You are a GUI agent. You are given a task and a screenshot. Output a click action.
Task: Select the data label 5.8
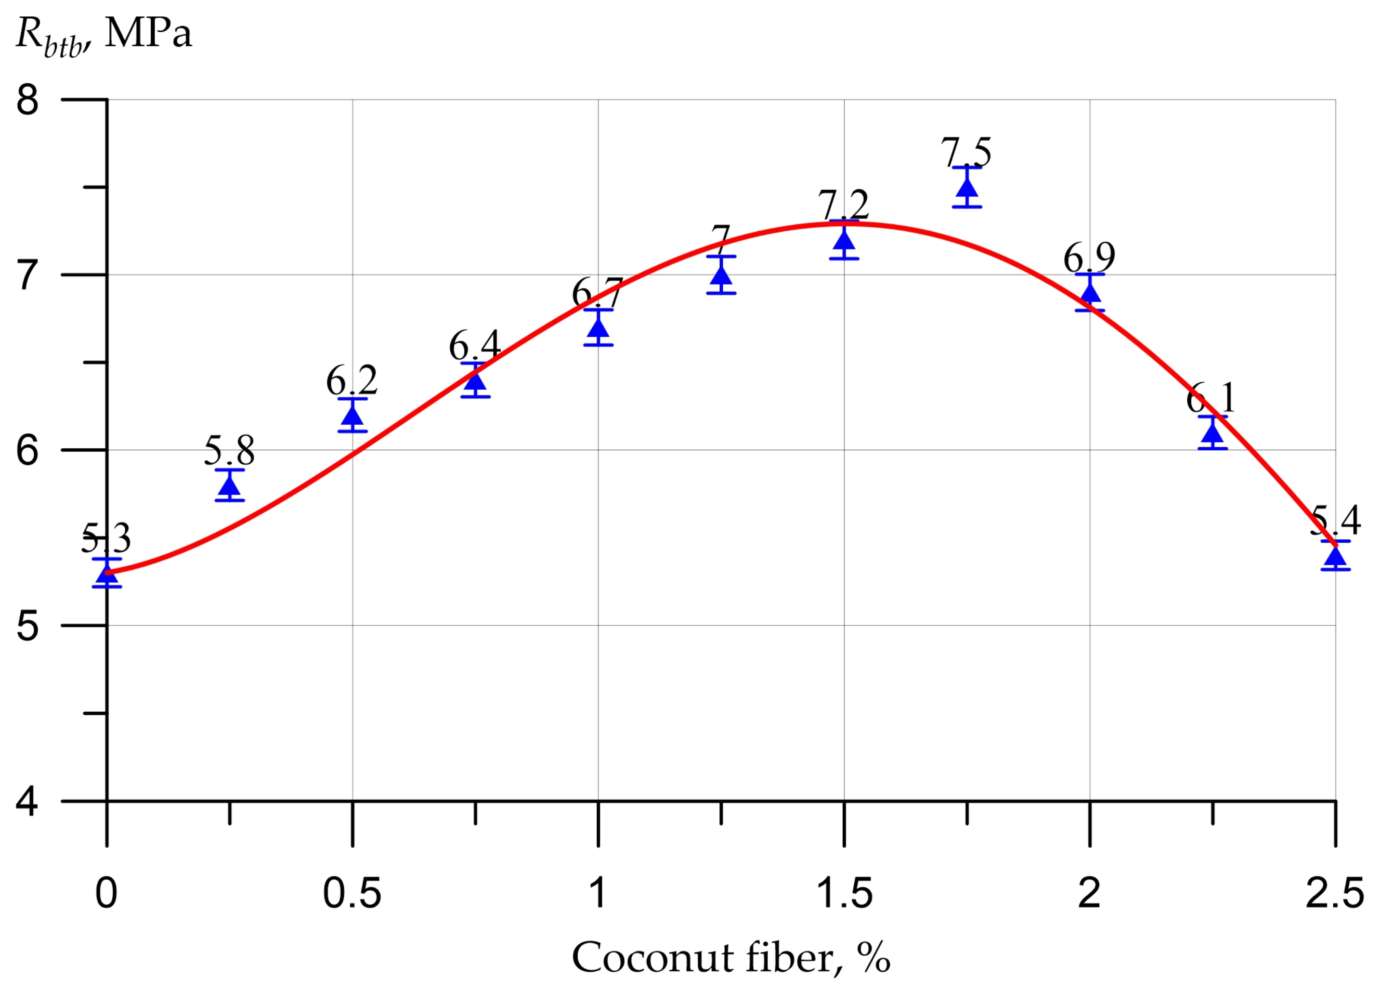tap(229, 451)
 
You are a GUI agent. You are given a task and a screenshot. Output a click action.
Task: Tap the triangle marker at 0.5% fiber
tap(352, 416)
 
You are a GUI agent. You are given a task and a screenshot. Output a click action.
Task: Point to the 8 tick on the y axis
tap(27, 100)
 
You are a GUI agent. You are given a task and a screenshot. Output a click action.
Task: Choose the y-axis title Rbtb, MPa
tap(104, 35)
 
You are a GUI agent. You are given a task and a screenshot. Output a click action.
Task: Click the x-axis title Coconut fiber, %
tap(730, 958)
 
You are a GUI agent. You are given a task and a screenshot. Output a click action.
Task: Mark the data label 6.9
tap(1089, 258)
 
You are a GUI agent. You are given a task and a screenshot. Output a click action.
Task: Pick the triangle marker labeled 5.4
tap(1336, 557)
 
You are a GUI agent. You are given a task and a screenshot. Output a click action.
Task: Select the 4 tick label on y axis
tap(27, 801)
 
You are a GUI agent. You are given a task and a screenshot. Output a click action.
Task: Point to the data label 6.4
tap(475, 345)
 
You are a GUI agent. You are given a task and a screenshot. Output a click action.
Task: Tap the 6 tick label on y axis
tap(27, 451)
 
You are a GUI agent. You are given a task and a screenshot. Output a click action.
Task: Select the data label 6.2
tap(352, 381)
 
